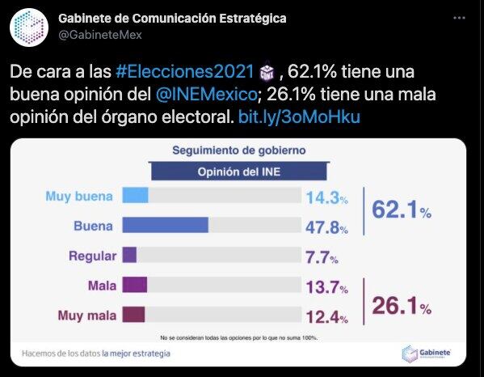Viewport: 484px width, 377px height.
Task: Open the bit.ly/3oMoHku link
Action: click(300, 118)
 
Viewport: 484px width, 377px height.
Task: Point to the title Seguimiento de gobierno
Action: click(239, 150)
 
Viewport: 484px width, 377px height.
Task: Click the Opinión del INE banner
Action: click(239, 172)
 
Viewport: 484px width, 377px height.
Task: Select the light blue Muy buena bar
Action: click(135, 195)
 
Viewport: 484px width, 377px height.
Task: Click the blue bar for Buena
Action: click(165, 225)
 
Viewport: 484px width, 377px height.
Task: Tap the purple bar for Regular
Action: click(129, 256)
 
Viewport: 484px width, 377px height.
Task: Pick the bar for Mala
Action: click(134, 285)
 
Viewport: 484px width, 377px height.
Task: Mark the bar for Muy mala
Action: click(133, 315)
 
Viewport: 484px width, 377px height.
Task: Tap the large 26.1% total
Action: click(401, 305)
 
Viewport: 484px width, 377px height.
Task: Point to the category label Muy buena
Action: click(81, 196)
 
